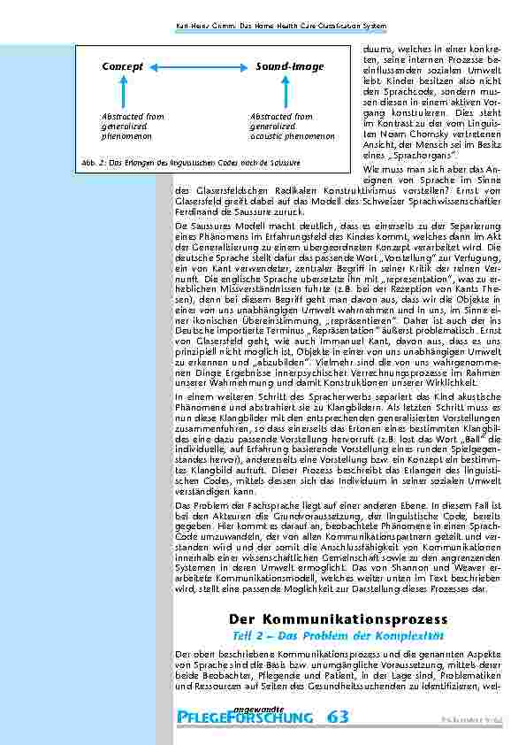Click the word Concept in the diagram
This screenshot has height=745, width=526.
[x=123, y=67]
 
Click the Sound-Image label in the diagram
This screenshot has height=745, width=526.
[x=290, y=67]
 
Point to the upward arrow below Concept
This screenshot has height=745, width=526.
[x=123, y=93]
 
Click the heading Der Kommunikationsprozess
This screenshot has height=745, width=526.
[x=338, y=618]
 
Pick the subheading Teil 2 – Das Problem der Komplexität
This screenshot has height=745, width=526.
[x=338, y=636]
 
